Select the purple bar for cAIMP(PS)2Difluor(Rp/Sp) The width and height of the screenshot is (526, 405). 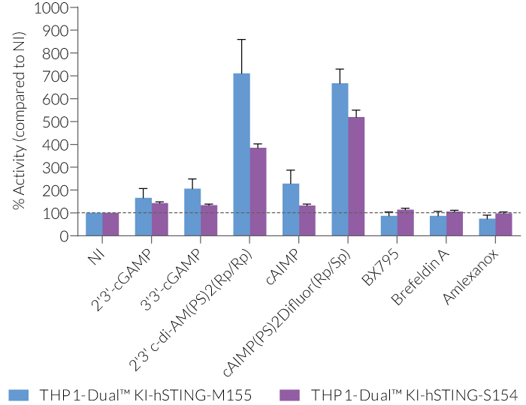(357, 176)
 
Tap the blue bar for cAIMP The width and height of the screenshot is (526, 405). (291, 209)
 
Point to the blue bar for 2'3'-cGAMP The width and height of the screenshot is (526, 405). (144, 217)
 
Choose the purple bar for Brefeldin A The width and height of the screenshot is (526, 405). (455, 223)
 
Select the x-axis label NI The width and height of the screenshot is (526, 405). (95, 256)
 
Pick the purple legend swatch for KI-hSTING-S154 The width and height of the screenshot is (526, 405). (289, 394)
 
